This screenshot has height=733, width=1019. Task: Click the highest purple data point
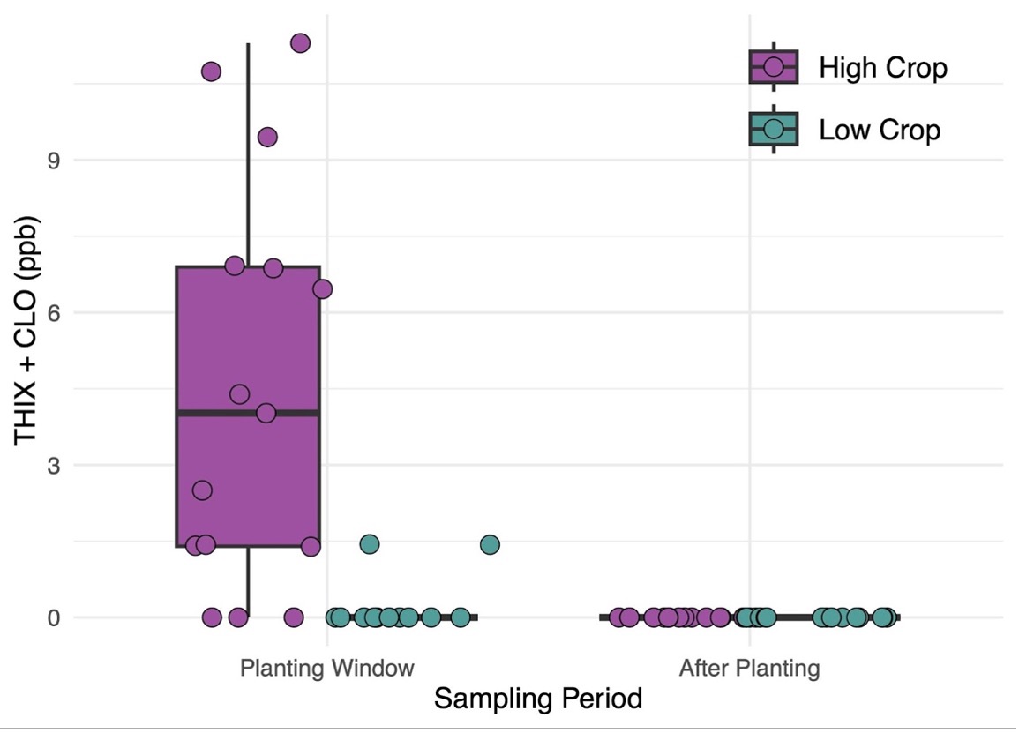[x=301, y=43]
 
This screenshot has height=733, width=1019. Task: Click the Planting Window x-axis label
[x=326, y=668]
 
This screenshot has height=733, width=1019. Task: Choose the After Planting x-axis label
[x=749, y=668]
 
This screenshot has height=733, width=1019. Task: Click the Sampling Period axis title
[x=538, y=699]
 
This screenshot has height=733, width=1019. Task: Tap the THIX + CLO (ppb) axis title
[x=26, y=333]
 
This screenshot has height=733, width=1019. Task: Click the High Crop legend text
[x=882, y=68]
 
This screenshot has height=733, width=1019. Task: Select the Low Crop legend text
[x=880, y=131]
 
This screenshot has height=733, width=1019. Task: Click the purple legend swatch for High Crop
[x=774, y=67]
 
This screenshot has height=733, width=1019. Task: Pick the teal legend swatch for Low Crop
[x=774, y=130]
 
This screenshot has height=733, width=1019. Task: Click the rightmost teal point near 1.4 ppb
[x=490, y=545]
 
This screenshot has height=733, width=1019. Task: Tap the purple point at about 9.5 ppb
[x=267, y=137]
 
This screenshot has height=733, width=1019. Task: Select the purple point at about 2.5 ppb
[x=202, y=490]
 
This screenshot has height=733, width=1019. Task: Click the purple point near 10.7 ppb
[x=211, y=71]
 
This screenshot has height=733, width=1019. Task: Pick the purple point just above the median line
[x=239, y=393]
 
